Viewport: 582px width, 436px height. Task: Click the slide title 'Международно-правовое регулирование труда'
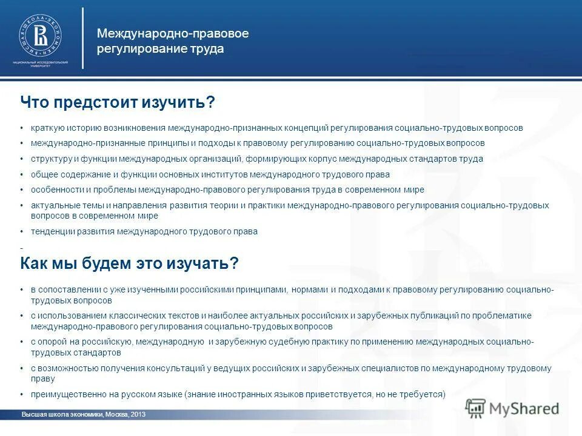173,41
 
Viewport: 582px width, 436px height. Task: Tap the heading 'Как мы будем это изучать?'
129,263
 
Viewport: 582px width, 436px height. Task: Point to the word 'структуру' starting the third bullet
50,159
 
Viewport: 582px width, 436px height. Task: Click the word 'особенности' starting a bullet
55,190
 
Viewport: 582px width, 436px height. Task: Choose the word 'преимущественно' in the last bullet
65,394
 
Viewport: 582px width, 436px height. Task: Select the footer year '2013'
138,415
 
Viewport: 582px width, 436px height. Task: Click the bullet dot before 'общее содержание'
22,174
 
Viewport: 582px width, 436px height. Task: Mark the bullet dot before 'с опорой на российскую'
22,342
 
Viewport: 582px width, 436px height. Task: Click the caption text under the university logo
40,65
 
